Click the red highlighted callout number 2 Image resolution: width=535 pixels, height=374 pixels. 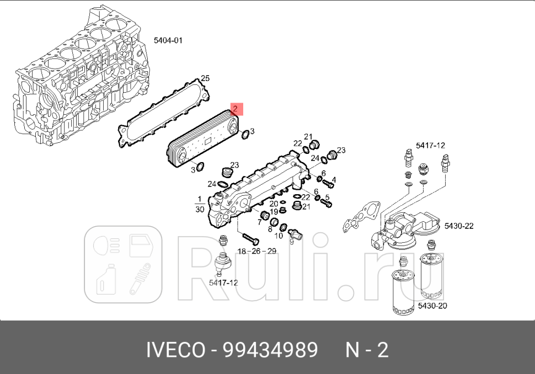click(235, 109)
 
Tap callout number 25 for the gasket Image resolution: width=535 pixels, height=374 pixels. click(205, 78)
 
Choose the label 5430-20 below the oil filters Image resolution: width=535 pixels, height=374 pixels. click(432, 306)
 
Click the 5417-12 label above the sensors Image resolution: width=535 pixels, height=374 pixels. click(430, 145)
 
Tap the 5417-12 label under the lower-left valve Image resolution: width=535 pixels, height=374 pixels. click(223, 282)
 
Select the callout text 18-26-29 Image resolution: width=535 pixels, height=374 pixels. click(256, 251)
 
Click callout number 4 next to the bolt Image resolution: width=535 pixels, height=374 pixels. click(333, 179)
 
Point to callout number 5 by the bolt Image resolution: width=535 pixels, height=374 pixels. click(327, 197)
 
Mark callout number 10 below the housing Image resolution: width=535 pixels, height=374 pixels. click(279, 236)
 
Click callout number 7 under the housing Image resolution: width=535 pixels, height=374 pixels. click(258, 223)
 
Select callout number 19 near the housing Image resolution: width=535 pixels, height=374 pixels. click(274, 212)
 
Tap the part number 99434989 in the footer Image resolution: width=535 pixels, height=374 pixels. click(270, 350)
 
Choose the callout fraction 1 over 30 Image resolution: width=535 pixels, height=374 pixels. click(199, 204)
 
